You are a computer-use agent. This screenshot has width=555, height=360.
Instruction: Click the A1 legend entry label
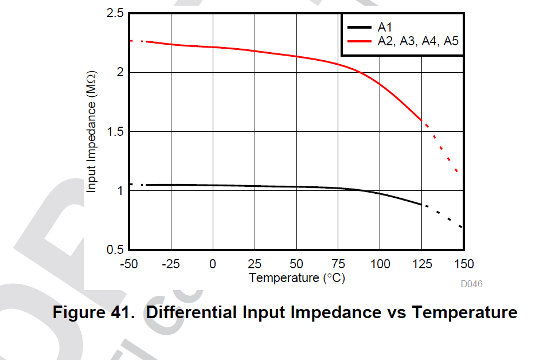click(x=384, y=26)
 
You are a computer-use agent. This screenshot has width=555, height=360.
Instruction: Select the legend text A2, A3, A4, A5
click(x=417, y=41)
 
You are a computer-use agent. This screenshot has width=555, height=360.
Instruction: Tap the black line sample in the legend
click(x=359, y=27)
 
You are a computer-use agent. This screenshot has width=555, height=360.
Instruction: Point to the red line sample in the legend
click(x=359, y=41)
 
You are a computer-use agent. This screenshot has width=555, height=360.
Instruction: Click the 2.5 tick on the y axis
click(x=115, y=13)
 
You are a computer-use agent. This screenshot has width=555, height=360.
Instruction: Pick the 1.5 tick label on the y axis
click(x=115, y=131)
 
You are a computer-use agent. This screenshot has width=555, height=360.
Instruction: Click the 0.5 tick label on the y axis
click(x=115, y=249)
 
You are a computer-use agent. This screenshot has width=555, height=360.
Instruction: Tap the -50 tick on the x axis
click(x=130, y=264)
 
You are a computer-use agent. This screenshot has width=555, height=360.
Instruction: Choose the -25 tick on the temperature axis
click(x=171, y=264)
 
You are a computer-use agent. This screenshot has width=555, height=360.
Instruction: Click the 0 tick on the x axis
click(x=213, y=264)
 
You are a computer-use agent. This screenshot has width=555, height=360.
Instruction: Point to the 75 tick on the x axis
click(x=338, y=264)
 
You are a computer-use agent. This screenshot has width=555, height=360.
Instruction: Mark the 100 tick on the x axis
click(x=380, y=264)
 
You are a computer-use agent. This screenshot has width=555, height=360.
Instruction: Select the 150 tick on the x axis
click(x=464, y=264)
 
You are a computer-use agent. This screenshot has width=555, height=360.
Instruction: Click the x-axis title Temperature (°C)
click(x=297, y=278)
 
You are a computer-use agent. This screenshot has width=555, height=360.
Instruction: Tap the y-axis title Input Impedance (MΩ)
click(x=92, y=131)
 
